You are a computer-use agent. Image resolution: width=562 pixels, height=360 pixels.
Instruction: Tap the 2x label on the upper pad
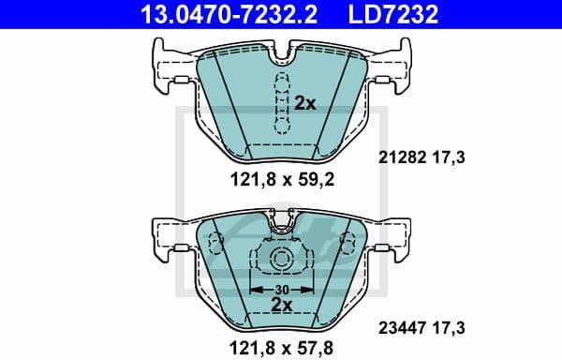(304, 103)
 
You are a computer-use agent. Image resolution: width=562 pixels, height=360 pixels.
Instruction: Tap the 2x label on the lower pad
(281, 304)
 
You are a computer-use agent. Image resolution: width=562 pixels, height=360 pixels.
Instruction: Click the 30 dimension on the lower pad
(281, 289)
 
